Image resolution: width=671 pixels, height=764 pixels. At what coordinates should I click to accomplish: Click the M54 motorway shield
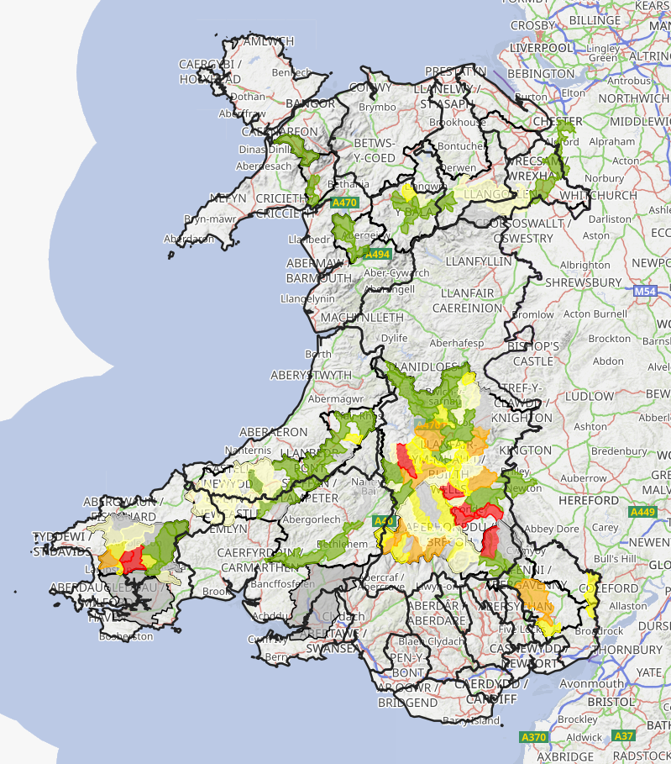644,291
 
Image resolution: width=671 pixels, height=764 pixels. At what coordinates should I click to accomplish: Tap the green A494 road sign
378,254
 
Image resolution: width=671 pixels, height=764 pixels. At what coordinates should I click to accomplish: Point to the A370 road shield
534,737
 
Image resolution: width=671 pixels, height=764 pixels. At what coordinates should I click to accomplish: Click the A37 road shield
623,736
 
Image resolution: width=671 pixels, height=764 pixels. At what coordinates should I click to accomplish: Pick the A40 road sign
384,521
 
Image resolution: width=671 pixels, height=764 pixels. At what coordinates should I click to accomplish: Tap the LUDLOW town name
590,396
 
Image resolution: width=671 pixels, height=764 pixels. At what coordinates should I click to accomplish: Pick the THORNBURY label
626,650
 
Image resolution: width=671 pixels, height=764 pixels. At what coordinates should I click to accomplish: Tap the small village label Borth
318,354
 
